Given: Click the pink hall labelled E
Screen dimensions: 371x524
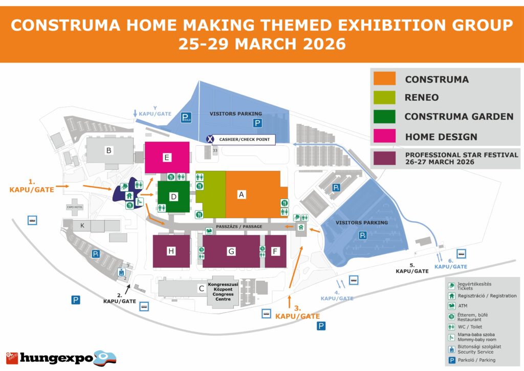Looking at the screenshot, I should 167,157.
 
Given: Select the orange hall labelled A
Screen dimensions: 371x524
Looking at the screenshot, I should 253,194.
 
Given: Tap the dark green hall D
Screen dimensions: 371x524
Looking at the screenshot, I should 173,197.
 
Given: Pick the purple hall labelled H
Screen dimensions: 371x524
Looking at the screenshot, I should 171,251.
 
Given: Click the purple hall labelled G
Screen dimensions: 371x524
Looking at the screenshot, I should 231,251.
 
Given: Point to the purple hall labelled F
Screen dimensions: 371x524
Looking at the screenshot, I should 276,251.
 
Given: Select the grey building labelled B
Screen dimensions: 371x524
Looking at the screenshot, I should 108,150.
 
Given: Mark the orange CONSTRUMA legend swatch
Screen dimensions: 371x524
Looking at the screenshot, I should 384,79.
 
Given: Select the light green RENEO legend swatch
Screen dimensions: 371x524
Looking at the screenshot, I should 384,97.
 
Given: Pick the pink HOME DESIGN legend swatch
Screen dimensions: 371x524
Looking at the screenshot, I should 384,136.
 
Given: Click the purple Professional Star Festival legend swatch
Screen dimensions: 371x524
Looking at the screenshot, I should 384,158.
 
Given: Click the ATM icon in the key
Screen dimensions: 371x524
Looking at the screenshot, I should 452,305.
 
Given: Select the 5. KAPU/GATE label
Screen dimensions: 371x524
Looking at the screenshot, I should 411,268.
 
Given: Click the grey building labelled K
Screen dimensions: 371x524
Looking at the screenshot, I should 81,225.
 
